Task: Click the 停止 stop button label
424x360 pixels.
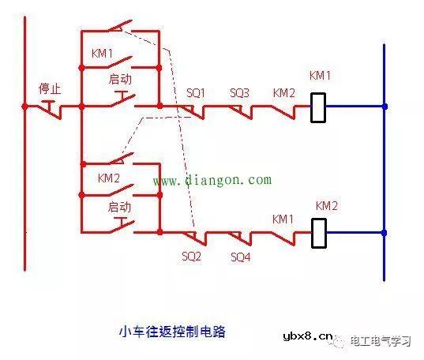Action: coord(50,88)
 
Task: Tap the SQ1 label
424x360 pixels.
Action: coord(195,92)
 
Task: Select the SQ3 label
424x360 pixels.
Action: coord(239,92)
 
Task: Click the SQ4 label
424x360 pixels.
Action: coord(241,257)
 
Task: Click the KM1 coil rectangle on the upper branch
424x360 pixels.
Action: coord(317,107)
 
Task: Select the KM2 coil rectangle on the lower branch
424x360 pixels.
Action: coord(317,233)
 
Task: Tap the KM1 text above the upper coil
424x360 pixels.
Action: coord(319,77)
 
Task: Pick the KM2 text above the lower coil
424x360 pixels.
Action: coord(326,205)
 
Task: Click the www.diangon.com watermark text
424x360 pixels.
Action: coord(212,180)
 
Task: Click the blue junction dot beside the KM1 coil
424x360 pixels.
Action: coord(385,106)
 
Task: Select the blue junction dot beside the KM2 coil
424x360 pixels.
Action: coord(385,233)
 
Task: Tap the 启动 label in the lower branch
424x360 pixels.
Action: coord(118,206)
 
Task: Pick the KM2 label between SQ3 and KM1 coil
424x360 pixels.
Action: coord(283,92)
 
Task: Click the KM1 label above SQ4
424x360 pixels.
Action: coord(283,219)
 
